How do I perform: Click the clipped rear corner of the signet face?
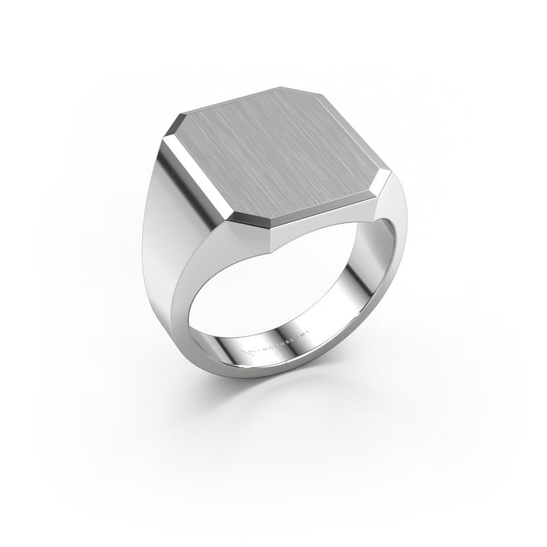click(290, 92)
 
